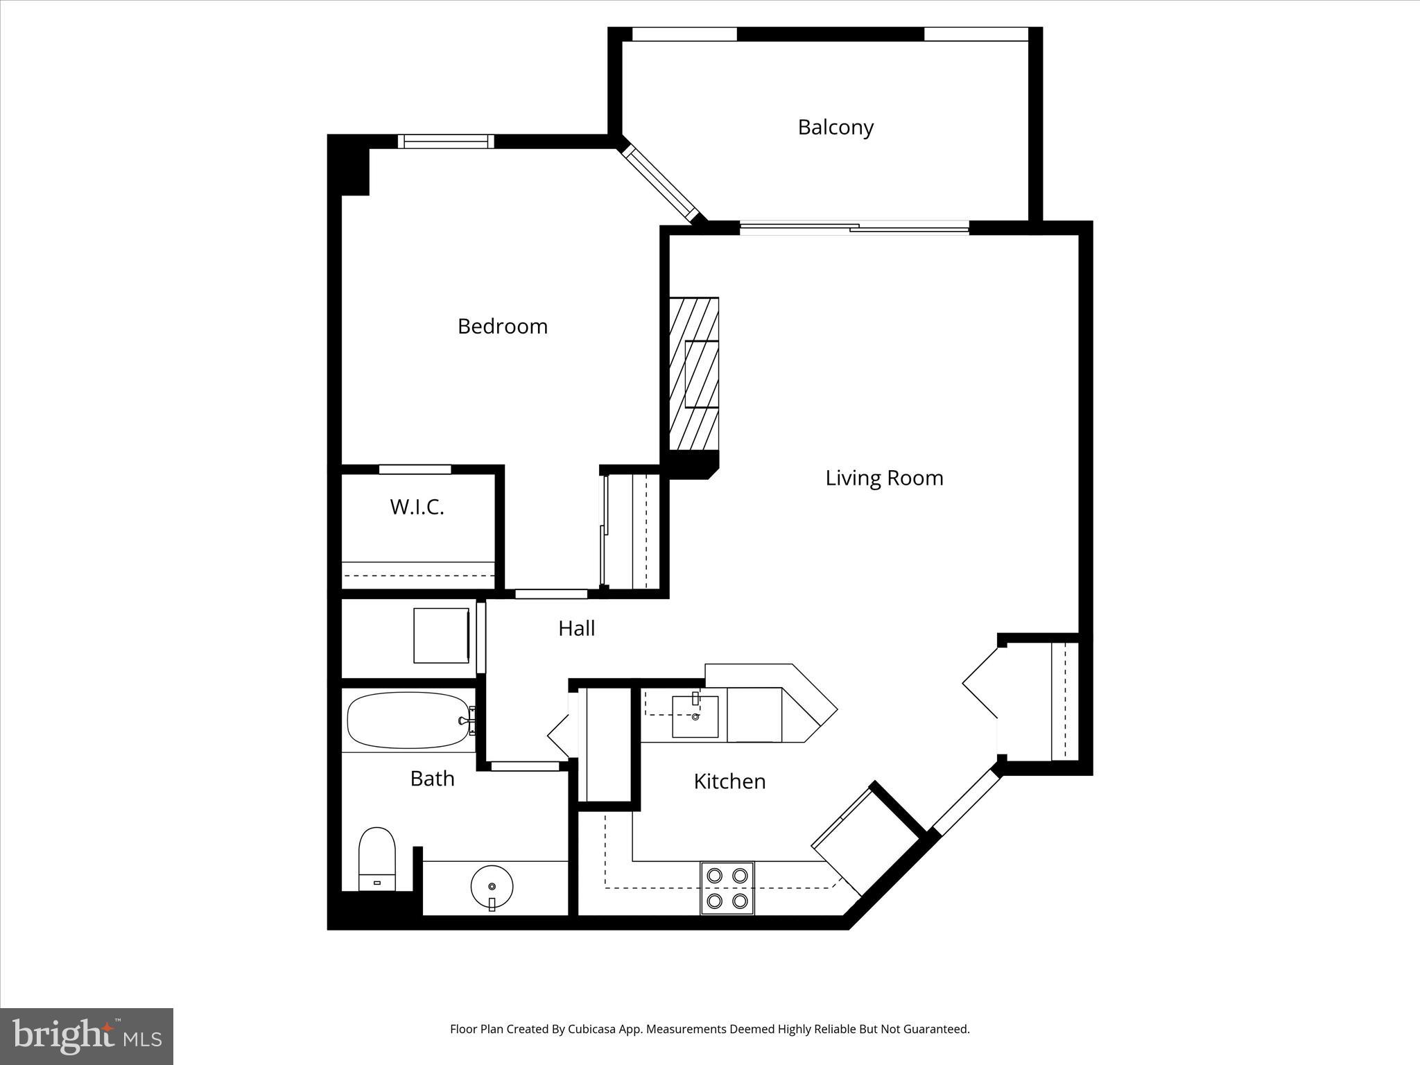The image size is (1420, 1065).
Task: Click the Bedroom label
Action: coord(502,326)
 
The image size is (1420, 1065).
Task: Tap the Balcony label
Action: coord(835,127)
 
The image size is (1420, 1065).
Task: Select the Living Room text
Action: coord(884,478)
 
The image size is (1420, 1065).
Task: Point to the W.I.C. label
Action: coord(417,507)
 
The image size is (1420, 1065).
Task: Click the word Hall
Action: coord(576,628)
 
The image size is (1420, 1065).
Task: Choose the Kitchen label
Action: coord(729,781)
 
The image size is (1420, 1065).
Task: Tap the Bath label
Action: coord(432,779)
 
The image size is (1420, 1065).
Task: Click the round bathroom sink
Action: coord(492,886)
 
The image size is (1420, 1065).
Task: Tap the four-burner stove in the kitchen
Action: coord(727,888)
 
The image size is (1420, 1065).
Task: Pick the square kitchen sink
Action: coord(695,717)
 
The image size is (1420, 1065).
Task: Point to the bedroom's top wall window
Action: coord(446,141)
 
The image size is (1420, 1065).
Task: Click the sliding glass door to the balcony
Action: coord(854,227)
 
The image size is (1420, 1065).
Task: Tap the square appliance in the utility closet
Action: coord(441,635)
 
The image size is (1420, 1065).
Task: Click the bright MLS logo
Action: coord(87,1037)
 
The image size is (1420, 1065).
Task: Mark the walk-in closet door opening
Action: coord(415,469)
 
